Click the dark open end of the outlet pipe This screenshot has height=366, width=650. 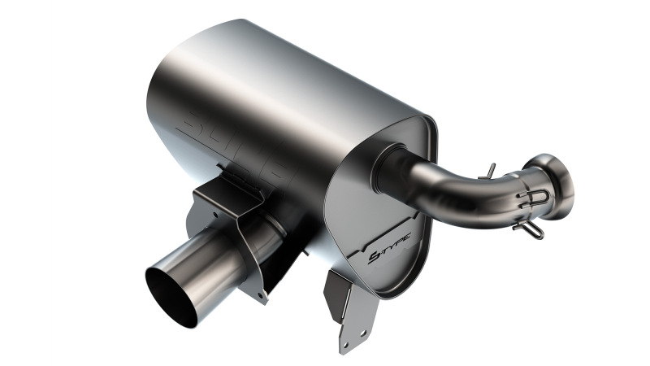pos(172,297)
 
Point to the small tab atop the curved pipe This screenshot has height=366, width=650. pos(489,168)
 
